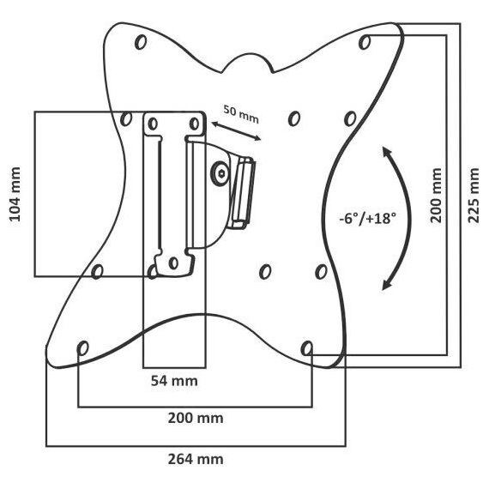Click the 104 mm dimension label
[15, 195]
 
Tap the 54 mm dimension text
[174, 381]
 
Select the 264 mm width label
[196, 459]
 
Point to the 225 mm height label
[473, 196]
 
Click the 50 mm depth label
[241, 114]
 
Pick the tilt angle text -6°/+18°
[368, 218]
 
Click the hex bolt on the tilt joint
[220, 173]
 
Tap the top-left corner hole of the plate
[141, 42]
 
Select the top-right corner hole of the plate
[365, 42]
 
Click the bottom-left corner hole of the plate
[83, 348]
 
